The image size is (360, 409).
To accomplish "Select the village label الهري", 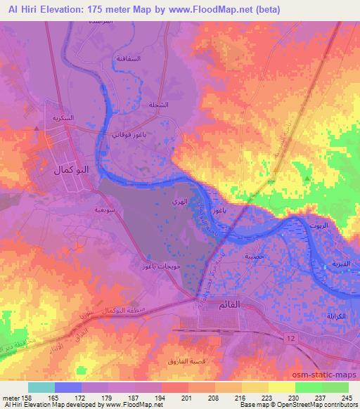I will click(x=179, y=202).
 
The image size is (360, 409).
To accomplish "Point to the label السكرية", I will click(x=64, y=117).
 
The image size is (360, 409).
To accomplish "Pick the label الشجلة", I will click(x=159, y=105).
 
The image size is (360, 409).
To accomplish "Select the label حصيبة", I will click(x=255, y=257).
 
